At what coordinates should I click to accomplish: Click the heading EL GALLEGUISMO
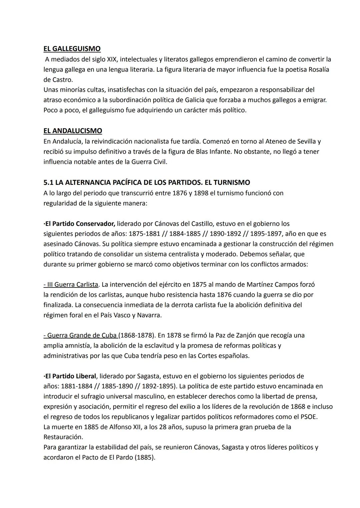tap(72, 49)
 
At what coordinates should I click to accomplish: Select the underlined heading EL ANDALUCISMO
tap(73, 131)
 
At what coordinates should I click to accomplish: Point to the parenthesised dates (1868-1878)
tap(137, 335)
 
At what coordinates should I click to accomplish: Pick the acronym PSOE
tap(308, 417)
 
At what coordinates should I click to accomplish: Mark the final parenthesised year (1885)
tap(145, 457)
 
